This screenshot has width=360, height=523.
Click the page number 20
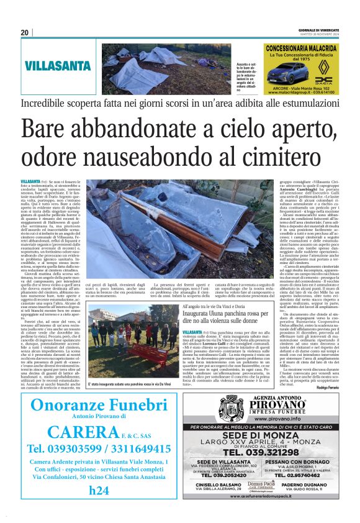pos(24,32)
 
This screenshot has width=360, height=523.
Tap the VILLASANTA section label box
pos(58,65)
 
